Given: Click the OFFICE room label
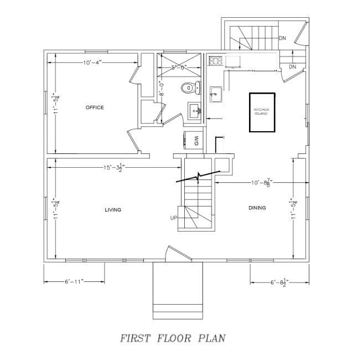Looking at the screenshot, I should point(95,107).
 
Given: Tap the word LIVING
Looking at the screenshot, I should point(113,209).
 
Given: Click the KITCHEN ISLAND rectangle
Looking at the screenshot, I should point(262,112).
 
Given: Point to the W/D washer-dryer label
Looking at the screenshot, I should point(195,142).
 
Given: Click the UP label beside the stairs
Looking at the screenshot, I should point(174,218).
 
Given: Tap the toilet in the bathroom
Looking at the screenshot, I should point(189,88).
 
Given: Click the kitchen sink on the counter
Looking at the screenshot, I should point(216,94).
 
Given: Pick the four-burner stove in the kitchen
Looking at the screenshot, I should point(216,60).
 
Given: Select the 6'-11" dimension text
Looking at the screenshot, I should point(74,282).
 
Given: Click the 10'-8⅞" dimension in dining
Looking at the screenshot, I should point(261,182).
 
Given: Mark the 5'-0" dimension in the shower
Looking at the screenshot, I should point(180,67).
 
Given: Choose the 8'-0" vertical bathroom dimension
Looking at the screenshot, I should point(161,89).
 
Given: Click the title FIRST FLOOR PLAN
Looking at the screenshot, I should point(173,337).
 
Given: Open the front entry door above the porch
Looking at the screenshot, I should point(178,254).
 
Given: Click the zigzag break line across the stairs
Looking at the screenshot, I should point(198,178).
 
